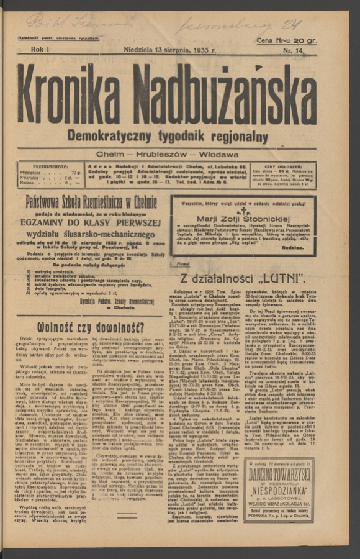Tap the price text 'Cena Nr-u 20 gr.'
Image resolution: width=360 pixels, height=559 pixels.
pyautogui.click(x=286, y=40)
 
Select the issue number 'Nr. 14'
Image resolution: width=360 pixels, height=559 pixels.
pyautogui.click(x=303, y=50)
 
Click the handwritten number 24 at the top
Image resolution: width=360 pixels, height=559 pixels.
pyautogui.click(x=287, y=25)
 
